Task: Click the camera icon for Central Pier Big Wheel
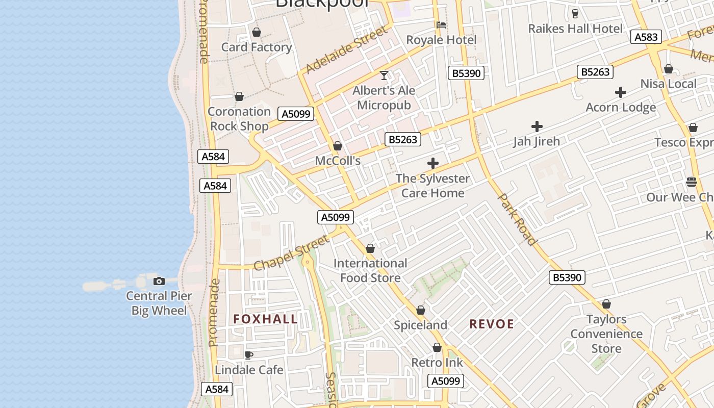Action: tap(159, 281)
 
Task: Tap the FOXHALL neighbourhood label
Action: tap(266, 319)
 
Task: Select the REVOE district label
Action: tap(492, 324)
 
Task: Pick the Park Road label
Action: tap(517, 219)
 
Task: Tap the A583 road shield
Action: tap(646, 37)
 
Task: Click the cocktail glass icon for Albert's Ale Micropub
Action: tap(384, 75)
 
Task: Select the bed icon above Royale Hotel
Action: tap(441, 24)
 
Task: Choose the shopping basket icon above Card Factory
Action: tap(257, 32)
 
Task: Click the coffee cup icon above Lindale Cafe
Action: tap(249, 355)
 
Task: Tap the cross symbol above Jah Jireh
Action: tap(537, 126)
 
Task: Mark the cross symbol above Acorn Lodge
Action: tap(620, 92)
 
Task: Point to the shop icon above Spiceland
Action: tap(421, 310)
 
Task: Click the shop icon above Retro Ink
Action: tap(437, 347)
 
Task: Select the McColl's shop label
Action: tap(338, 161)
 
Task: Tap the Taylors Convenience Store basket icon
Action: tap(606, 304)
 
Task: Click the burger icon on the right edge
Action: tap(692, 182)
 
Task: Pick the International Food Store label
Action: tap(370, 271)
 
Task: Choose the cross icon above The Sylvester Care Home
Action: tap(433, 163)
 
